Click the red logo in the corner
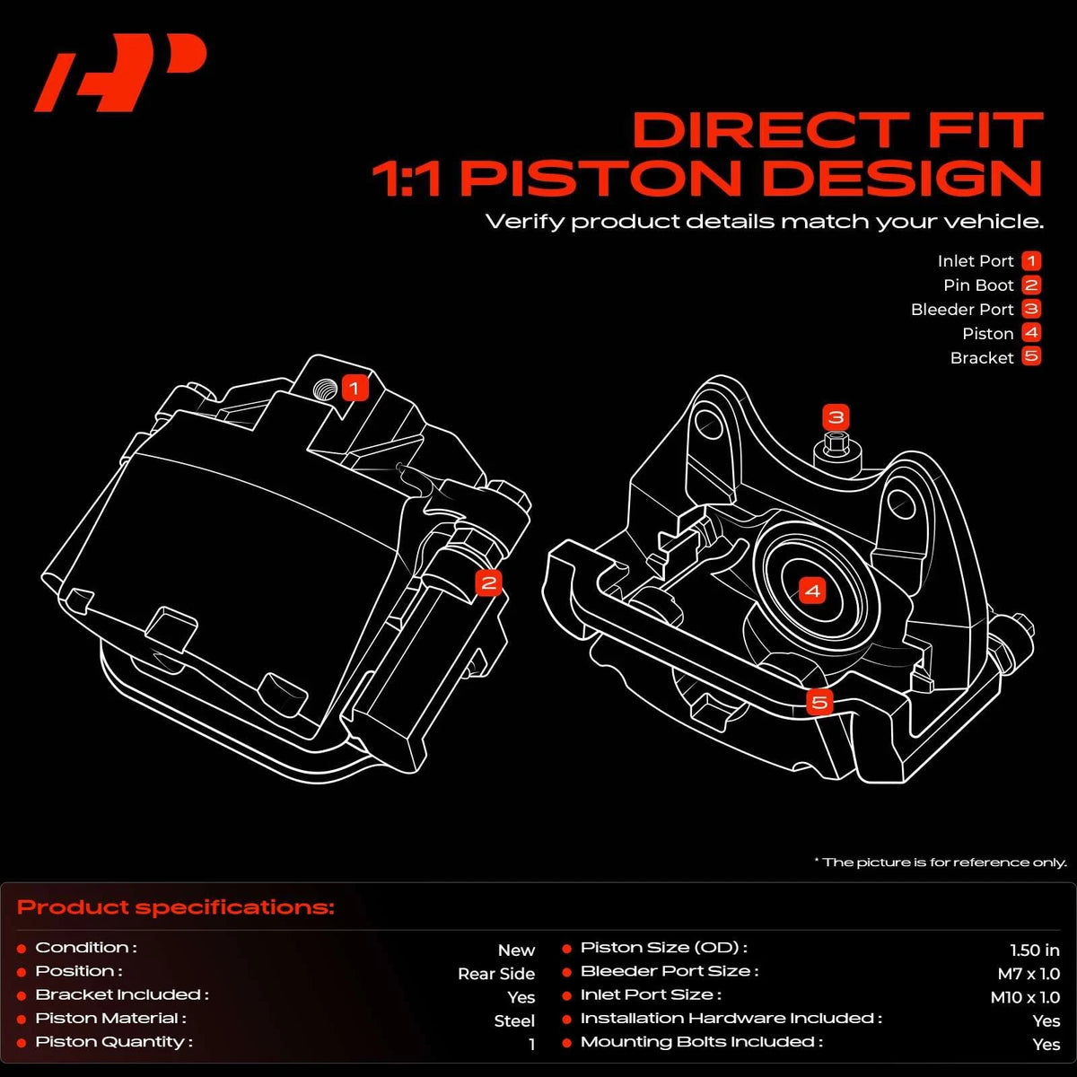[x=120, y=73]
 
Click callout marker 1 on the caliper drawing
[x=355, y=388]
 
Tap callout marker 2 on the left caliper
[x=488, y=583]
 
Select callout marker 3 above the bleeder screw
[x=836, y=417]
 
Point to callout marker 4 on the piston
[x=812, y=591]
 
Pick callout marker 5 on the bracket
[x=819, y=702]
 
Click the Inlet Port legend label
[x=976, y=261]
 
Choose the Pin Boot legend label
[x=978, y=285]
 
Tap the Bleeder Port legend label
[x=962, y=309]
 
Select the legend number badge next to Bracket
[x=1032, y=356]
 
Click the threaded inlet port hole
[x=325, y=389]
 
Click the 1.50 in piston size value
[x=1035, y=950]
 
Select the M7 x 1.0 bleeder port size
[x=1029, y=974]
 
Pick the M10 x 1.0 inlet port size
[x=1025, y=997]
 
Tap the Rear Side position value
[x=496, y=974]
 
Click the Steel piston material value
[x=514, y=1021]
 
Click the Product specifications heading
[x=176, y=907]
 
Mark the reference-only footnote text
[x=941, y=862]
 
